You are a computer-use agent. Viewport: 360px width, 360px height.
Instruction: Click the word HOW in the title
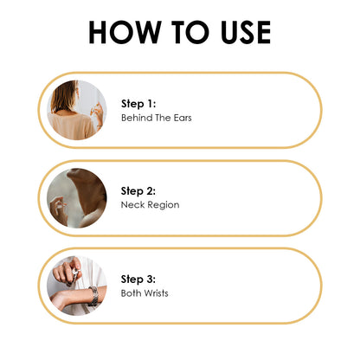125,32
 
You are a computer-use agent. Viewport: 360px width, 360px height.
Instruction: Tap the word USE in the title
246,32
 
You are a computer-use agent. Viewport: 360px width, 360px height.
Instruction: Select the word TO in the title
190,32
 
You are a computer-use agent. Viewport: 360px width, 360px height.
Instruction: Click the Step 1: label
138,104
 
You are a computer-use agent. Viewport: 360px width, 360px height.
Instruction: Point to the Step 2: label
138,191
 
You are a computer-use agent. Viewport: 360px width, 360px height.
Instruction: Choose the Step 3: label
138,279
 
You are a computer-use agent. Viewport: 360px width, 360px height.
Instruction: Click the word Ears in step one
183,118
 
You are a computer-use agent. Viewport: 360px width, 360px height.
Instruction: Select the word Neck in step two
132,205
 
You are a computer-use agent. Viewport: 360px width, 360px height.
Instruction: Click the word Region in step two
164,205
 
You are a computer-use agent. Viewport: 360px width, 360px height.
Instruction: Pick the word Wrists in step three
157,293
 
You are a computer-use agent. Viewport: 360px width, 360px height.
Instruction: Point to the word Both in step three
132,293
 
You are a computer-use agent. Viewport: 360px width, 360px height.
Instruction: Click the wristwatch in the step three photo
93,296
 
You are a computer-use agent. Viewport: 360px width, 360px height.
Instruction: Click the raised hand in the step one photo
98,114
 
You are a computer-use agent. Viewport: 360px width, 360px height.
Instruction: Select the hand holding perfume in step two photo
59,210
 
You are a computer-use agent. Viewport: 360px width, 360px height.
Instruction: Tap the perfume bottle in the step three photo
74,275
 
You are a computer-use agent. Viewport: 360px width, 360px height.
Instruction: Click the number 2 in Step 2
149,191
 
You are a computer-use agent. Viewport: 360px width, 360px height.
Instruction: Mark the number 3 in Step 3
149,279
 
